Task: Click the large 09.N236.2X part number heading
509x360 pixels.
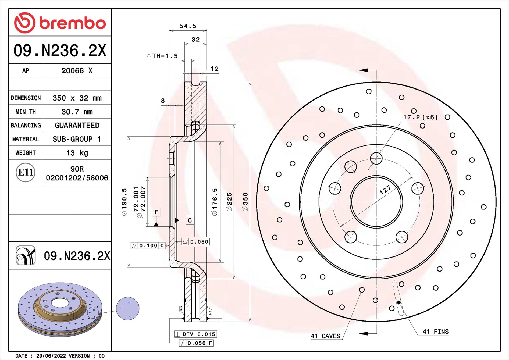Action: coord(60,50)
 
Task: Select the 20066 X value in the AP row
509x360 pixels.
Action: coord(77,70)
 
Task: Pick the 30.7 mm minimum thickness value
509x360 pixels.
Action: coord(77,112)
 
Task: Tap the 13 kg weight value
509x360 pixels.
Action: coord(77,153)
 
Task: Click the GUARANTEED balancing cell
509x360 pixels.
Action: coord(77,125)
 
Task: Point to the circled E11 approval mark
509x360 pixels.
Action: coord(26,172)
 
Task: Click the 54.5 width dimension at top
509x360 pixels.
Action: coord(188,26)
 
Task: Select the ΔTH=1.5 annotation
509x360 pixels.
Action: coord(162,56)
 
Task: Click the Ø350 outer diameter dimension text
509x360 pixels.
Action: coord(245,202)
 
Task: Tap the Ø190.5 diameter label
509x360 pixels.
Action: coord(124,202)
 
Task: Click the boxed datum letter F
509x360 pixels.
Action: coord(156,212)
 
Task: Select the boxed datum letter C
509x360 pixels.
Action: coord(190,220)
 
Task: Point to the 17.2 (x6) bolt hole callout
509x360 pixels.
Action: coord(420,117)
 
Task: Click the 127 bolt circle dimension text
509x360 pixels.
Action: coord(385,190)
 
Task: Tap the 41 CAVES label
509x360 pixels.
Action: coord(325,336)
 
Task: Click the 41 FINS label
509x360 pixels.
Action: coord(435,332)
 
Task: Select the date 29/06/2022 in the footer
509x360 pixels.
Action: coord(51,356)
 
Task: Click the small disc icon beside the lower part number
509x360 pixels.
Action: coord(26,255)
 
